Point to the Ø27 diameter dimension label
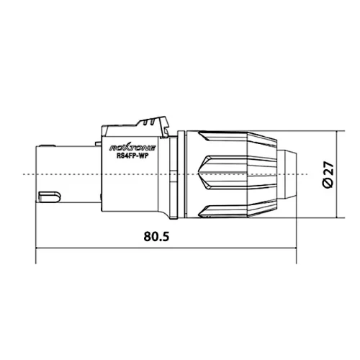pyautogui.click(x=328, y=175)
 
